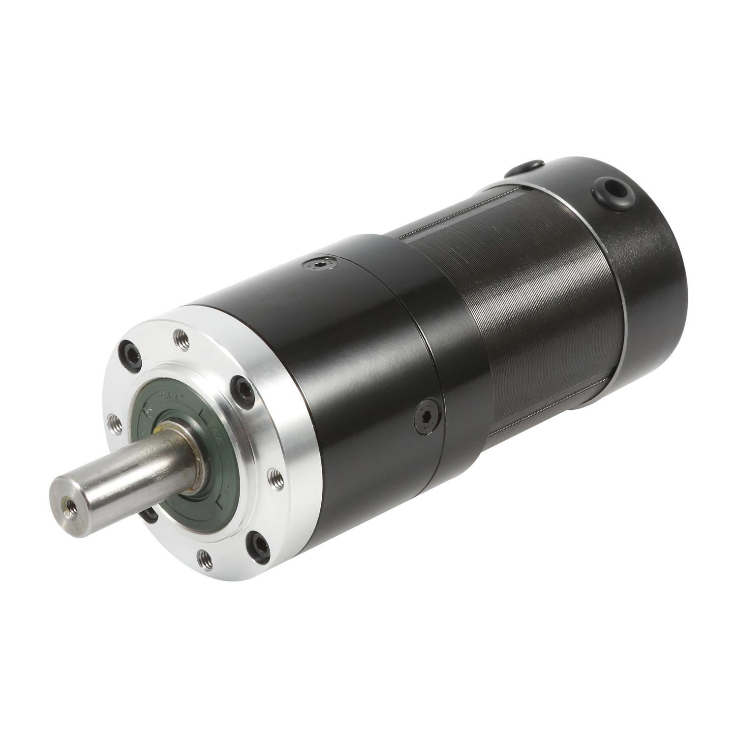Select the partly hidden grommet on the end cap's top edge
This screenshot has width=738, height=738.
[532, 165]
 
